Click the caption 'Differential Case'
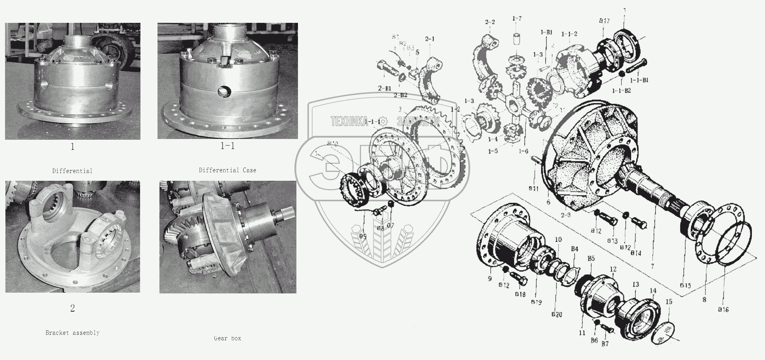[x=227, y=170]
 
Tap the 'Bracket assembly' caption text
[x=72, y=333]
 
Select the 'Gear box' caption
[x=228, y=338]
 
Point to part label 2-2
[x=489, y=22]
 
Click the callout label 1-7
[x=517, y=19]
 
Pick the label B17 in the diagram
[x=604, y=21]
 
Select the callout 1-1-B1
[x=639, y=80]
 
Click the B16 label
[x=723, y=309]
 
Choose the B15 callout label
[x=685, y=286]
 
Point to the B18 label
[x=520, y=294]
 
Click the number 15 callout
[x=669, y=302]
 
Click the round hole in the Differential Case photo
[x=224, y=91]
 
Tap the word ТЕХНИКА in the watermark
[x=349, y=122]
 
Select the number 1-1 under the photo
[x=228, y=146]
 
